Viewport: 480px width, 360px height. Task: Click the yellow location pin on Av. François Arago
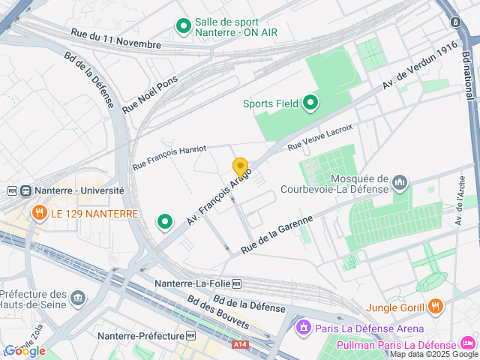240,168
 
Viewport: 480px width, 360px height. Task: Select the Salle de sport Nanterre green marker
183,28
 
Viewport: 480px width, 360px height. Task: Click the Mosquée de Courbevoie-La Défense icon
399,182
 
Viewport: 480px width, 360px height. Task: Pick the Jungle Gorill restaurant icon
436,306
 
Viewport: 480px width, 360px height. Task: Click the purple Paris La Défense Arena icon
304,328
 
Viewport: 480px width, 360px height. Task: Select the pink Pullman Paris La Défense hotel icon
468,344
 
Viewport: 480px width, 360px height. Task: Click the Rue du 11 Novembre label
115,39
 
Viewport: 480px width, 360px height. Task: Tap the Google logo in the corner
25,351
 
